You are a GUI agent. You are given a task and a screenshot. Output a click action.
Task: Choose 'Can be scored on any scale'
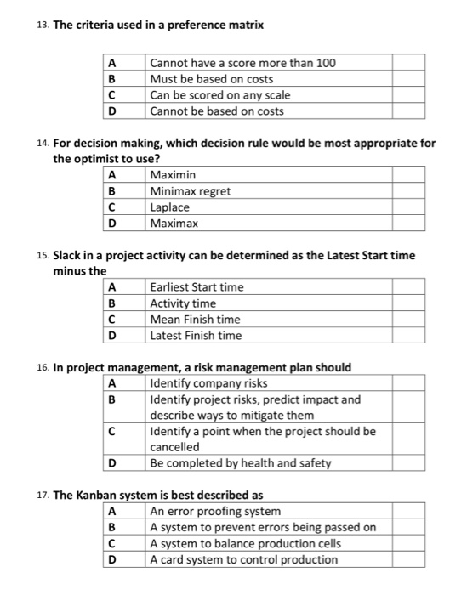(x=219, y=94)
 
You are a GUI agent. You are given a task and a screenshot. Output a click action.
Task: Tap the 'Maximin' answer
(x=173, y=174)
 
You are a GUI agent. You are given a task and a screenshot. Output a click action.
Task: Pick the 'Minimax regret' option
(x=190, y=190)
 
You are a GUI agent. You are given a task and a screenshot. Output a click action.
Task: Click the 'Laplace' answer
(x=170, y=207)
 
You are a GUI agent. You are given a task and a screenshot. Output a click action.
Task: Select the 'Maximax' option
(x=174, y=223)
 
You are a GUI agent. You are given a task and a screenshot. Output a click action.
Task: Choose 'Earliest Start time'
(x=197, y=287)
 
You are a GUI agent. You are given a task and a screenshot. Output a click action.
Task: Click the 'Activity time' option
(x=183, y=303)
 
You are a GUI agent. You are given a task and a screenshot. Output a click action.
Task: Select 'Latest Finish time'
(x=196, y=336)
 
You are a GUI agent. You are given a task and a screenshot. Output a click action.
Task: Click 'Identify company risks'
(x=202, y=383)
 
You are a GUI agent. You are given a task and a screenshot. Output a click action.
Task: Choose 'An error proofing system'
(x=215, y=511)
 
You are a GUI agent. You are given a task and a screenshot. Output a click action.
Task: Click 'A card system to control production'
(x=243, y=559)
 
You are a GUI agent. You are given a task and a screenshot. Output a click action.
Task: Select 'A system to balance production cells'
(x=245, y=543)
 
